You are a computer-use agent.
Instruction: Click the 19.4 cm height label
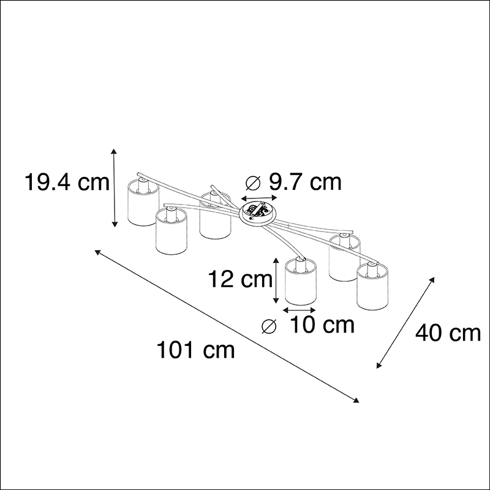67,182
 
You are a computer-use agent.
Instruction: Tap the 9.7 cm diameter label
305,182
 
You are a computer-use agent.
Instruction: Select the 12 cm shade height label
240,279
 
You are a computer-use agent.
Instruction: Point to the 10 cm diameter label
322,325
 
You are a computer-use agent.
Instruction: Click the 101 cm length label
195,350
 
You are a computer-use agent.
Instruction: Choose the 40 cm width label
448,333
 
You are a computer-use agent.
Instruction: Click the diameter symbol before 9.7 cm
253,183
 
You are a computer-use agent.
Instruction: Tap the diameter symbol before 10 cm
269,326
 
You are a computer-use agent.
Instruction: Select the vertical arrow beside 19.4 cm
115,188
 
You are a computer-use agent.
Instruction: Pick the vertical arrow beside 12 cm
276,281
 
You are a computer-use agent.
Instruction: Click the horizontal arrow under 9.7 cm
259,198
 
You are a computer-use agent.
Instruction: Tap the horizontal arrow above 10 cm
299,310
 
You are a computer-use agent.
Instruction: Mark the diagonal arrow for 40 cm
405,323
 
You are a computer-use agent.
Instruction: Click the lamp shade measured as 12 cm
300,281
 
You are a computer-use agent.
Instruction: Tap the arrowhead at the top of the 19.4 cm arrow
115,151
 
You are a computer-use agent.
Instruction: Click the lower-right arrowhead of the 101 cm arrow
356,401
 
